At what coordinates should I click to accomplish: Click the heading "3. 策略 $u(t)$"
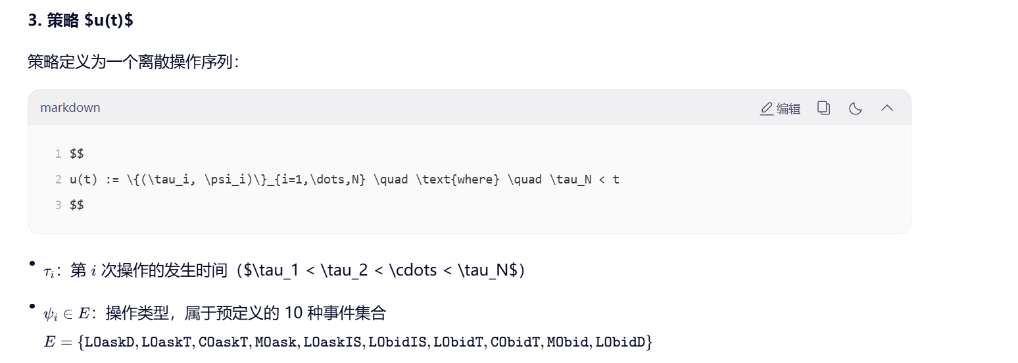tap(80, 20)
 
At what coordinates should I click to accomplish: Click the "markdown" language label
tap(70, 108)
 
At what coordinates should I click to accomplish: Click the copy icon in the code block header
tap(823, 108)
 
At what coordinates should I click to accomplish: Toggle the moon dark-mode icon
tap(855, 108)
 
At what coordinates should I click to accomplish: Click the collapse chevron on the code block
tap(886, 108)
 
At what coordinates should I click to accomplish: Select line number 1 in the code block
tap(58, 154)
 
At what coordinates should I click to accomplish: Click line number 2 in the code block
tap(58, 180)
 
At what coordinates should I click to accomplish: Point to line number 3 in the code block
tap(58, 205)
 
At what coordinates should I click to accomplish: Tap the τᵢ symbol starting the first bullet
tap(49, 272)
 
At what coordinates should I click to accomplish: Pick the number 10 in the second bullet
tap(293, 314)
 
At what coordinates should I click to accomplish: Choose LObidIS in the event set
tap(399, 342)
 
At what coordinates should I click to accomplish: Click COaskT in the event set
tap(224, 342)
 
